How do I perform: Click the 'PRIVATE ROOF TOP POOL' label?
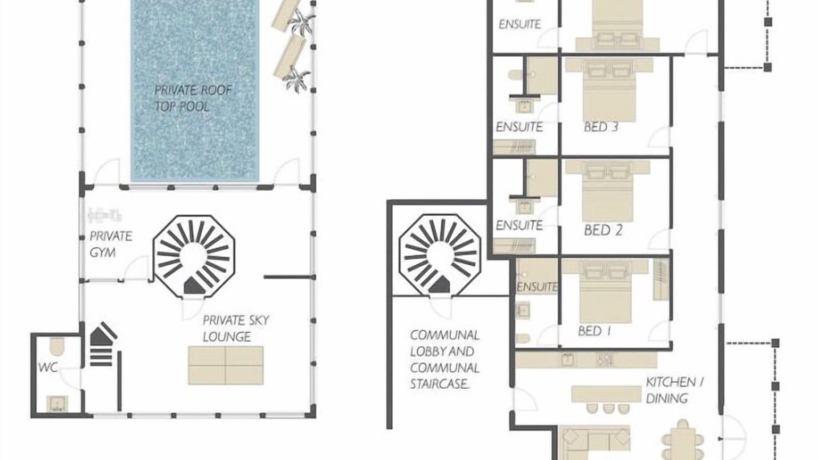click(193, 98)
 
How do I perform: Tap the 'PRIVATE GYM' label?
click(111, 244)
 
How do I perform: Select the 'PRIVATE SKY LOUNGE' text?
click(236, 328)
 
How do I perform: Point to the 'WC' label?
click(48, 367)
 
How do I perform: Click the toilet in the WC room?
click(57, 346)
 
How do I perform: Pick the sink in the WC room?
click(57, 404)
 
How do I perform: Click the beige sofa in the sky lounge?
click(226, 365)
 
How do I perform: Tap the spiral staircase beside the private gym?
click(194, 256)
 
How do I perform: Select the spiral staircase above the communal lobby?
click(440, 254)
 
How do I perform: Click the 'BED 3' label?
click(601, 127)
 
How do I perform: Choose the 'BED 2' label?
click(603, 231)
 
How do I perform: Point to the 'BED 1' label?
click(594, 331)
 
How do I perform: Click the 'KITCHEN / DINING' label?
click(675, 390)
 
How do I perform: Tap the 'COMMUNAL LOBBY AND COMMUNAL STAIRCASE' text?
click(445, 360)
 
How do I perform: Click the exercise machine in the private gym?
click(104, 215)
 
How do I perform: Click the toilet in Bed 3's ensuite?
click(515, 75)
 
